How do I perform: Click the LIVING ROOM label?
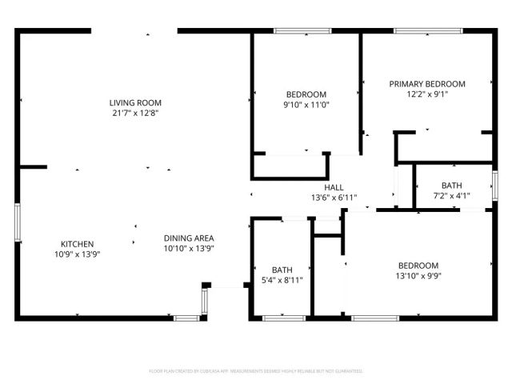(136, 102)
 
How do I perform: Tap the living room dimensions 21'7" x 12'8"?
(136, 113)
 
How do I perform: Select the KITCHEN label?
(78, 244)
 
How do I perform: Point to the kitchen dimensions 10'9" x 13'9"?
(78, 254)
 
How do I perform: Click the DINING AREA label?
(189, 238)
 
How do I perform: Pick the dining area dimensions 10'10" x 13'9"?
(189, 248)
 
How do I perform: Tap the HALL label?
(334, 187)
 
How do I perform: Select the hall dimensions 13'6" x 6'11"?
(334, 198)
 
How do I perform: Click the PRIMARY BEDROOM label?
(427, 83)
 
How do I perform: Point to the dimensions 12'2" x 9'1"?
(427, 94)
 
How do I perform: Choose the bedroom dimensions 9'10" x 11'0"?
(306, 104)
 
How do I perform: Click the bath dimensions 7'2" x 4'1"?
(452, 195)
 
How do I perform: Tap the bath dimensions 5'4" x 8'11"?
(282, 280)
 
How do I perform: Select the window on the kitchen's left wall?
(17, 223)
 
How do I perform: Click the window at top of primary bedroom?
(426, 31)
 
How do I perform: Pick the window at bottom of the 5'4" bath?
(283, 318)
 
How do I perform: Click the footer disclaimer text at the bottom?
(256, 371)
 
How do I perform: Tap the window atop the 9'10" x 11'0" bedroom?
(302, 31)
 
